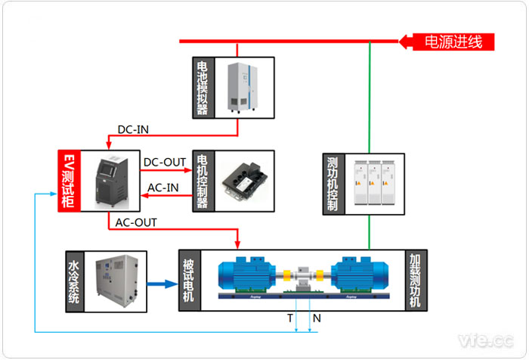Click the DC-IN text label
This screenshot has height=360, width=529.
(x=133, y=129)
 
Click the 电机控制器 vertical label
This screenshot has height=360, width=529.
(x=203, y=181)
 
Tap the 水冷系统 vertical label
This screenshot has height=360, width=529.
(x=73, y=282)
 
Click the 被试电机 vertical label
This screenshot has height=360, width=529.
(x=189, y=281)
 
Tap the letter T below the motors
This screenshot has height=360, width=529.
(x=290, y=318)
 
